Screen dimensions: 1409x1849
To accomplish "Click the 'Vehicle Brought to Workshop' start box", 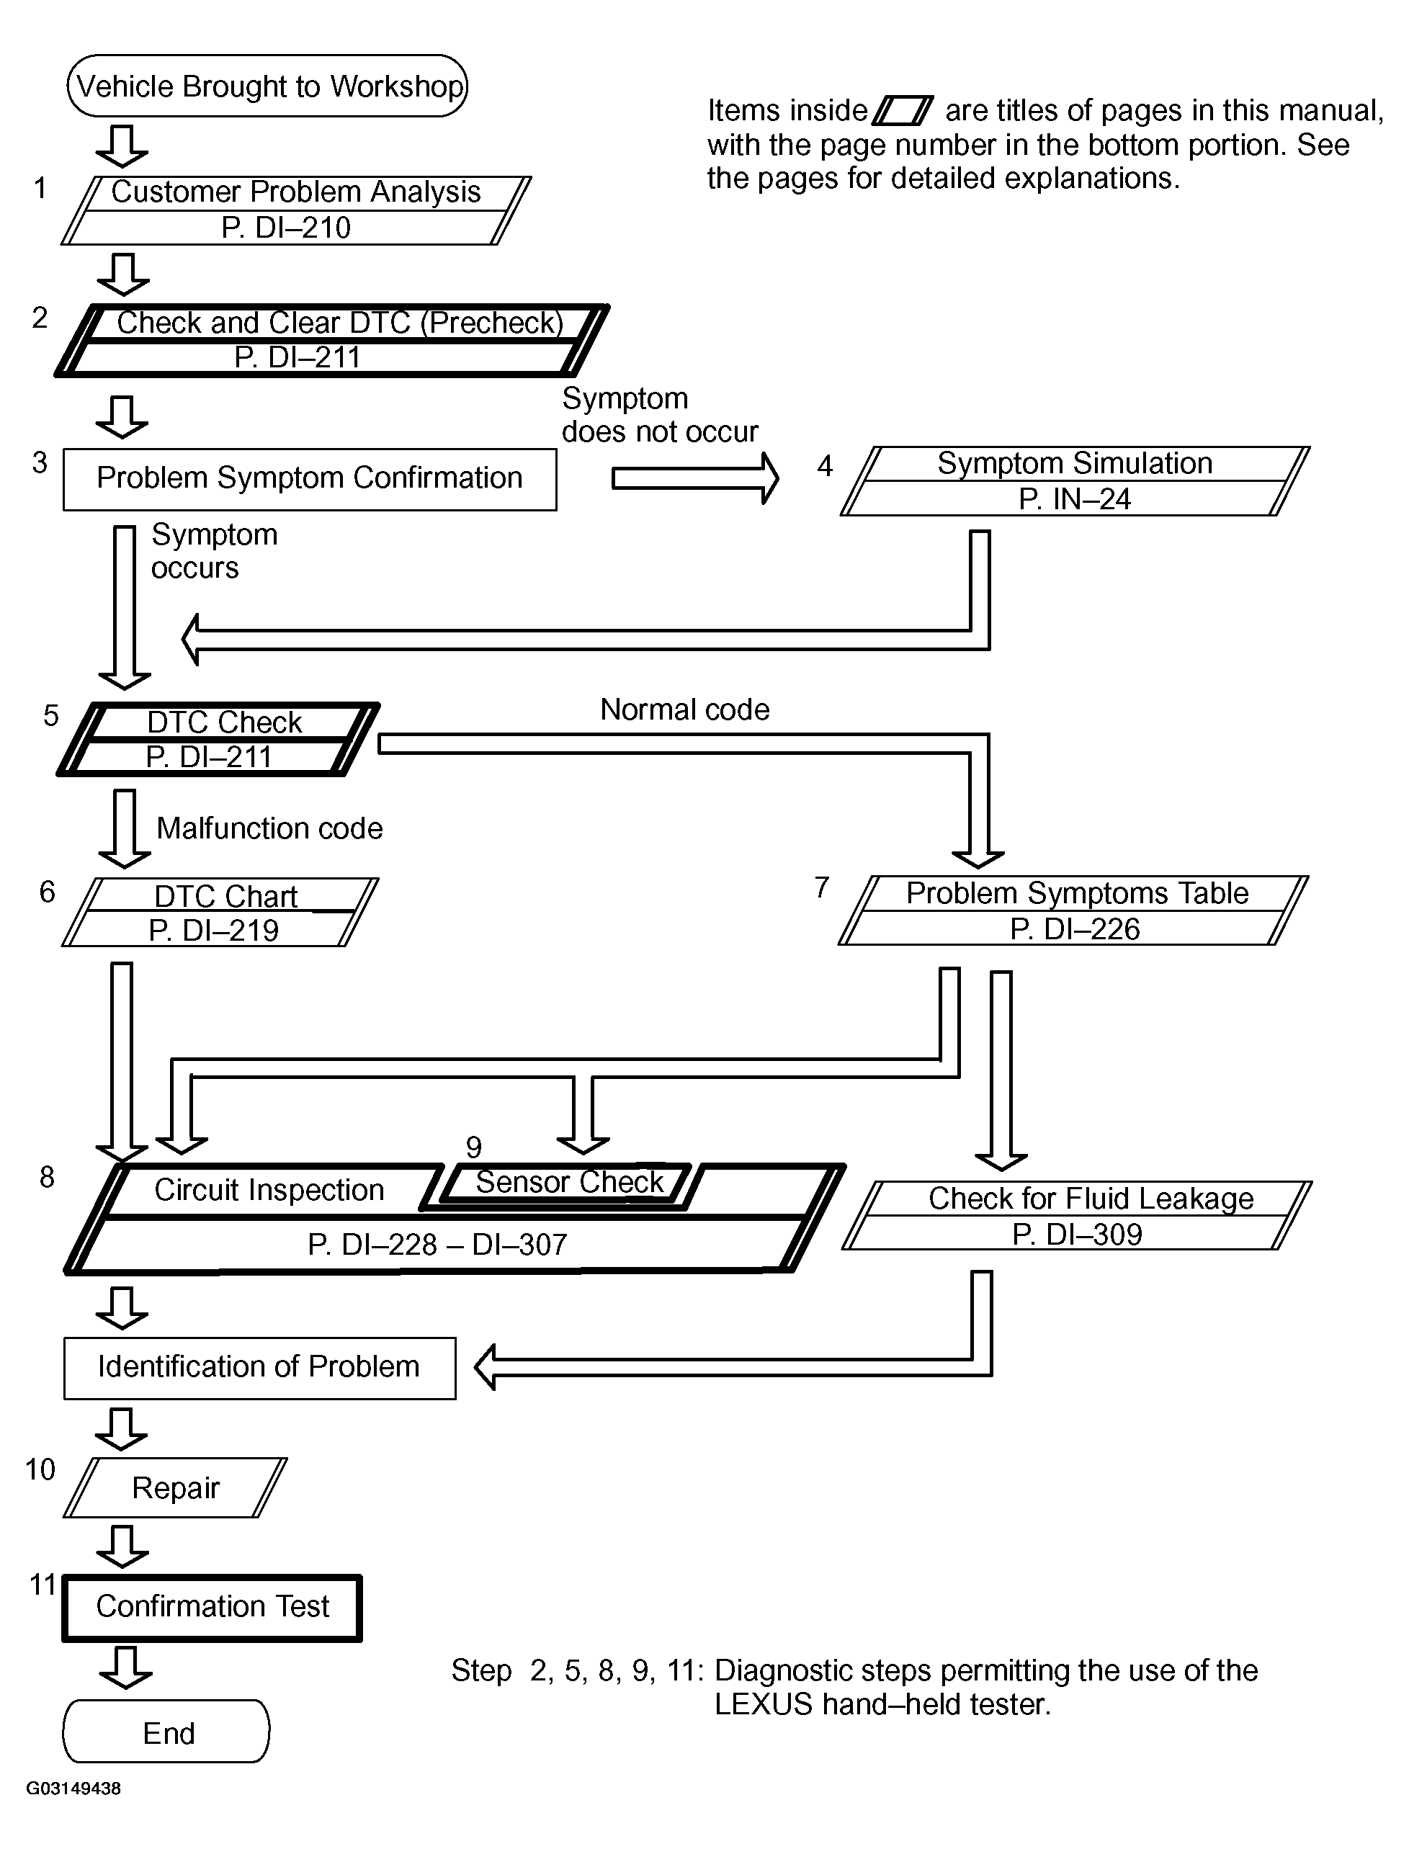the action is coord(267,86).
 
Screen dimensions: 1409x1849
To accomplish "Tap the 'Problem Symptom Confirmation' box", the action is coord(310,479).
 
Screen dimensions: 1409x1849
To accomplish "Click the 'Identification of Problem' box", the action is coord(259,1368).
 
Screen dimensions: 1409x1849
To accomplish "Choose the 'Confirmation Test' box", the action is coord(213,1607).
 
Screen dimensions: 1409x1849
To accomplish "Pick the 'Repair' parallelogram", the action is coord(175,1487).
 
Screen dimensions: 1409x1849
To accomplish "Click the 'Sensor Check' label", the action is coord(570,1181).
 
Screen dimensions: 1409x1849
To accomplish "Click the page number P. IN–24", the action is coord(1074,499).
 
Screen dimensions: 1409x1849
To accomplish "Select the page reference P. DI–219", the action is coord(213,930).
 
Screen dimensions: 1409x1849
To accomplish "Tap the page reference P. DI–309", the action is coord(1077,1235).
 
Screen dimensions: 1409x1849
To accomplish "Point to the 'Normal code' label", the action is coord(684,709).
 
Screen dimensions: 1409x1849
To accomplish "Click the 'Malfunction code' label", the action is coord(269,828).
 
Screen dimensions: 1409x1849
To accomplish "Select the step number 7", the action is coord(822,887).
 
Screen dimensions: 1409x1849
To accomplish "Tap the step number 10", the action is coord(40,1469).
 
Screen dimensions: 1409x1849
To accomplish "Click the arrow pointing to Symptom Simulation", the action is coord(695,478).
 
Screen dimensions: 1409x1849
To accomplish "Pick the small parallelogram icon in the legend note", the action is coord(903,111).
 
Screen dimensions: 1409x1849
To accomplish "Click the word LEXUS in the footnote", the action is coord(764,1704).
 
